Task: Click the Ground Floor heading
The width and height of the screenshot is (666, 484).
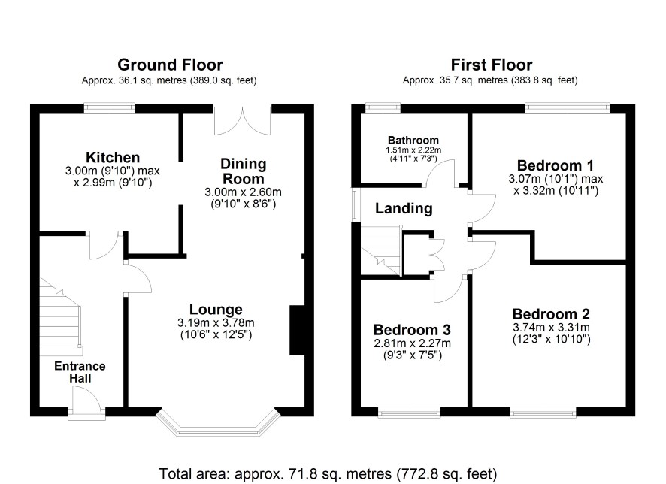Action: click(x=170, y=65)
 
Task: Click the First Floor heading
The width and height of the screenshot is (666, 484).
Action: click(x=492, y=65)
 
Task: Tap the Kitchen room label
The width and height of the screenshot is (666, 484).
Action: click(x=113, y=157)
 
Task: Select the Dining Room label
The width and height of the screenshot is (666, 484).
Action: click(x=244, y=171)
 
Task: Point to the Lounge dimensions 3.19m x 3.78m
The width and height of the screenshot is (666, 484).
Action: click(x=216, y=323)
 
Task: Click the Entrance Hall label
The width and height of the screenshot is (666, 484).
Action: click(x=80, y=372)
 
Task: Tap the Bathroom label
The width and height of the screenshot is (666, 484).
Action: click(x=413, y=140)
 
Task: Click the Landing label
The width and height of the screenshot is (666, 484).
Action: click(x=404, y=208)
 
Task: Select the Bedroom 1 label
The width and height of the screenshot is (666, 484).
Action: click(x=556, y=165)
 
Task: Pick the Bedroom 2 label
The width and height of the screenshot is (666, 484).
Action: click(x=551, y=314)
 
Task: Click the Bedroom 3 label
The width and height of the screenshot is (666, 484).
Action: click(x=412, y=330)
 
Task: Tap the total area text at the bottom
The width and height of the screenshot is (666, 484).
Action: click(x=328, y=473)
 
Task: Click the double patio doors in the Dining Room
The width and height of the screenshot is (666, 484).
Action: click(x=242, y=120)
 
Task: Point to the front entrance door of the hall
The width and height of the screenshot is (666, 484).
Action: click(x=87, y=404)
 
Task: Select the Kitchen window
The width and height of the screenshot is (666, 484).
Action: click(x=109, y=108)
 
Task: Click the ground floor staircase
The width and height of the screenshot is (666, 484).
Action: click(x=60, y=316)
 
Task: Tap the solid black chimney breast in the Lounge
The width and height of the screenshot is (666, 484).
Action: click(x=298, y=330)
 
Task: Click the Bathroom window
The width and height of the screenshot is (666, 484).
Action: click(x=383, y=108)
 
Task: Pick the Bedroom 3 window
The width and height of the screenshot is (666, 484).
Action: click(x=410, y=412)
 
